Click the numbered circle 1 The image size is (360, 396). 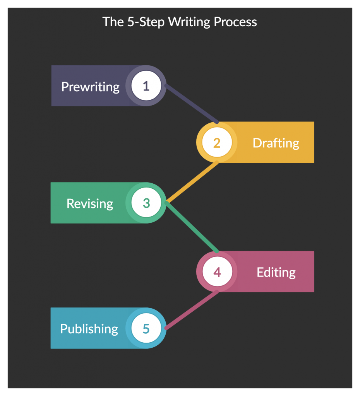146,86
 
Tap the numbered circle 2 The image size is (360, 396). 217,143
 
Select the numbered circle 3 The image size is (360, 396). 146,203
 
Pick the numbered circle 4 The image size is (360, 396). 217,272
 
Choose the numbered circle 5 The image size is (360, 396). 146,329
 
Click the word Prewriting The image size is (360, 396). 90,87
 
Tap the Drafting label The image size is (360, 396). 276,143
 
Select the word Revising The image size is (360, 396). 90,203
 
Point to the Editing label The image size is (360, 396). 276,272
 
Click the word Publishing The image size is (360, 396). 89,329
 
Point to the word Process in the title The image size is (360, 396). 235,22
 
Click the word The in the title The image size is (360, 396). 113,22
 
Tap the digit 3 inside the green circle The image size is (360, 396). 146,203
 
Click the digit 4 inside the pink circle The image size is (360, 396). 217,272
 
